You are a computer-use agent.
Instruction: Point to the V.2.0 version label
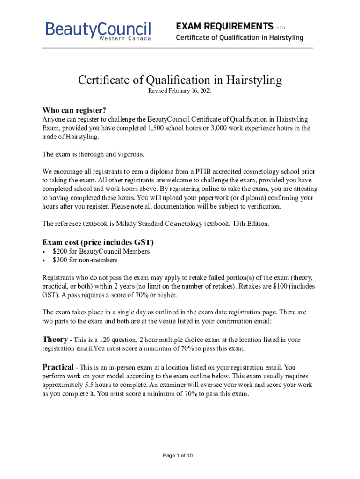point(281,27)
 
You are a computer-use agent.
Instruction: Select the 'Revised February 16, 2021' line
point(180,91)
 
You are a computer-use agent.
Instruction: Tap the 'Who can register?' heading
point(74,110)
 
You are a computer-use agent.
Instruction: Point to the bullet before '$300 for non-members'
point(44,261)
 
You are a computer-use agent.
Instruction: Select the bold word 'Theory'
point(55,339)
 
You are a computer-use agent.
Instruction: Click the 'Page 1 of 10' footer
point(178,456)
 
